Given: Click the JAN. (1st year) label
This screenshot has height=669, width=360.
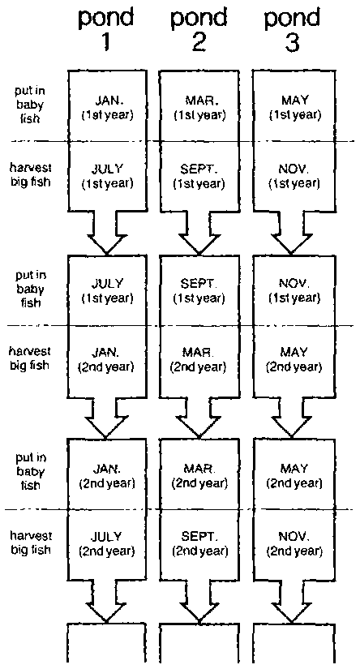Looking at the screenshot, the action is pyautogui.click(x=107, y=109).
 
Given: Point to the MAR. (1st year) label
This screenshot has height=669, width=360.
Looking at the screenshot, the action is pyautogui.click(x=199, y=109).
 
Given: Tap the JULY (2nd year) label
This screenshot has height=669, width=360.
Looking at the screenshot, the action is pyautogui.click(x=107, y=543).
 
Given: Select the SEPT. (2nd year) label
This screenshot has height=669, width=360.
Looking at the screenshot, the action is pyautogui.click(x=200, y=543).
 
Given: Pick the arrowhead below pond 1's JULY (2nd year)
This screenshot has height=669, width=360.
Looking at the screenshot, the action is pyautogui.click(x=105, y=606).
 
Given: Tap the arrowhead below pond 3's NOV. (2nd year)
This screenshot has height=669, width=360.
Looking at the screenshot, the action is pyautogui.click(x=293, y=606).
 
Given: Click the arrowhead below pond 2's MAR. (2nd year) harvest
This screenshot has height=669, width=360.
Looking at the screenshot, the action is pyautogui.click(x=199, y=422).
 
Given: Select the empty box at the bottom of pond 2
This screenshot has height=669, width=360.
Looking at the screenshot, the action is pyautogui.click(x=199, y=643).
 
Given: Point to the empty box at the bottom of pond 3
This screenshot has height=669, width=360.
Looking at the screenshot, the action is pyautogui.click(x=294, y=643).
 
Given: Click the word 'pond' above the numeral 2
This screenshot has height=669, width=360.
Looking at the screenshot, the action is pyautogui.click(x=198, y=19).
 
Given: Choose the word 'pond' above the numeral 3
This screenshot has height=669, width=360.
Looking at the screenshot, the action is pyautogui.click(x=292, y=19).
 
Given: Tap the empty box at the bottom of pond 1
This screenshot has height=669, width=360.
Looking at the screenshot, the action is pyautogui.click(x=106, y=643).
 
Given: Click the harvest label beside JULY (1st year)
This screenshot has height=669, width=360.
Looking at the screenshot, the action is pyautogui.click(x=30, y=175).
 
